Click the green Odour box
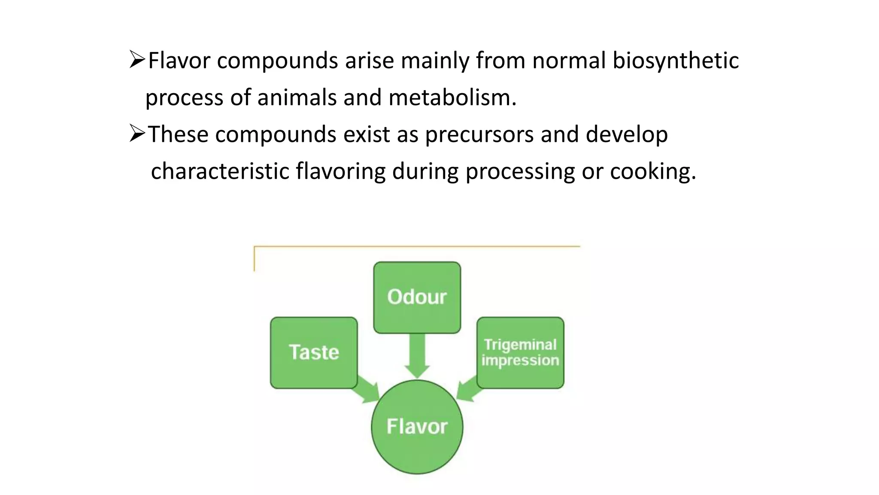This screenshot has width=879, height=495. click(x=417, y=297)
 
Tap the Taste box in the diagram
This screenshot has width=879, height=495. click(x=314, y=352)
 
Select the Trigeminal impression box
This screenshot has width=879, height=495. click(x=520, y=352)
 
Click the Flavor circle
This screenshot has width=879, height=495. click(x=417, y=427)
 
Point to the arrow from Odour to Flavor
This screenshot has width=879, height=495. click(x=417, y=355)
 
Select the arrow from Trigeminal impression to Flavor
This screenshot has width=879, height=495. click(x=467, y=389)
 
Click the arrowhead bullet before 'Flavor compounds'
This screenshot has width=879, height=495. click(x=137, y=60)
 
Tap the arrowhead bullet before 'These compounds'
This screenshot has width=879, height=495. click(x=137, y=134)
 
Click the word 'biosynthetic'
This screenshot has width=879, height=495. click(x=676, y=61)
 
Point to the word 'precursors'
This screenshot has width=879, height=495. click(x=479, y=134)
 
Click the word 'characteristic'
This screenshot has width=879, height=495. click(x=220, y=171)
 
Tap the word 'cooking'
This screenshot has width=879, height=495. click(x=652, y=172)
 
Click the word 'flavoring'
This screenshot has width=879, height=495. click(x=340, y=171)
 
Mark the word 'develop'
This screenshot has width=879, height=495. click(x=627, y=134)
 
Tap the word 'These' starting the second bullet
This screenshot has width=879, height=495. click(x=178, y=134)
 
